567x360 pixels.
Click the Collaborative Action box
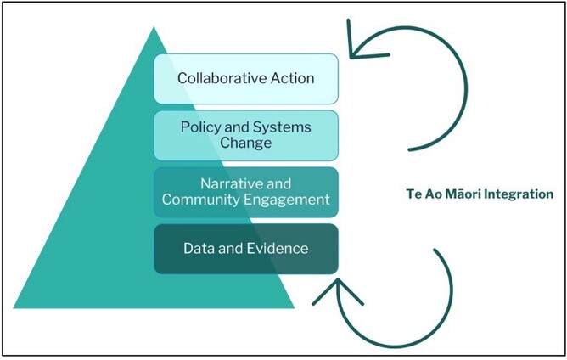246,79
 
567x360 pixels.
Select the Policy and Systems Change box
246,135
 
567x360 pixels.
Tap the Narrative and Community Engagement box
246,192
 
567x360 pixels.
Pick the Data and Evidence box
246,249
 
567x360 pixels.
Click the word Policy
199,127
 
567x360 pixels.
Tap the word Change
246,143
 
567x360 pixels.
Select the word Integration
519,194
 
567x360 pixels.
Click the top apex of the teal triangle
153,28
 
